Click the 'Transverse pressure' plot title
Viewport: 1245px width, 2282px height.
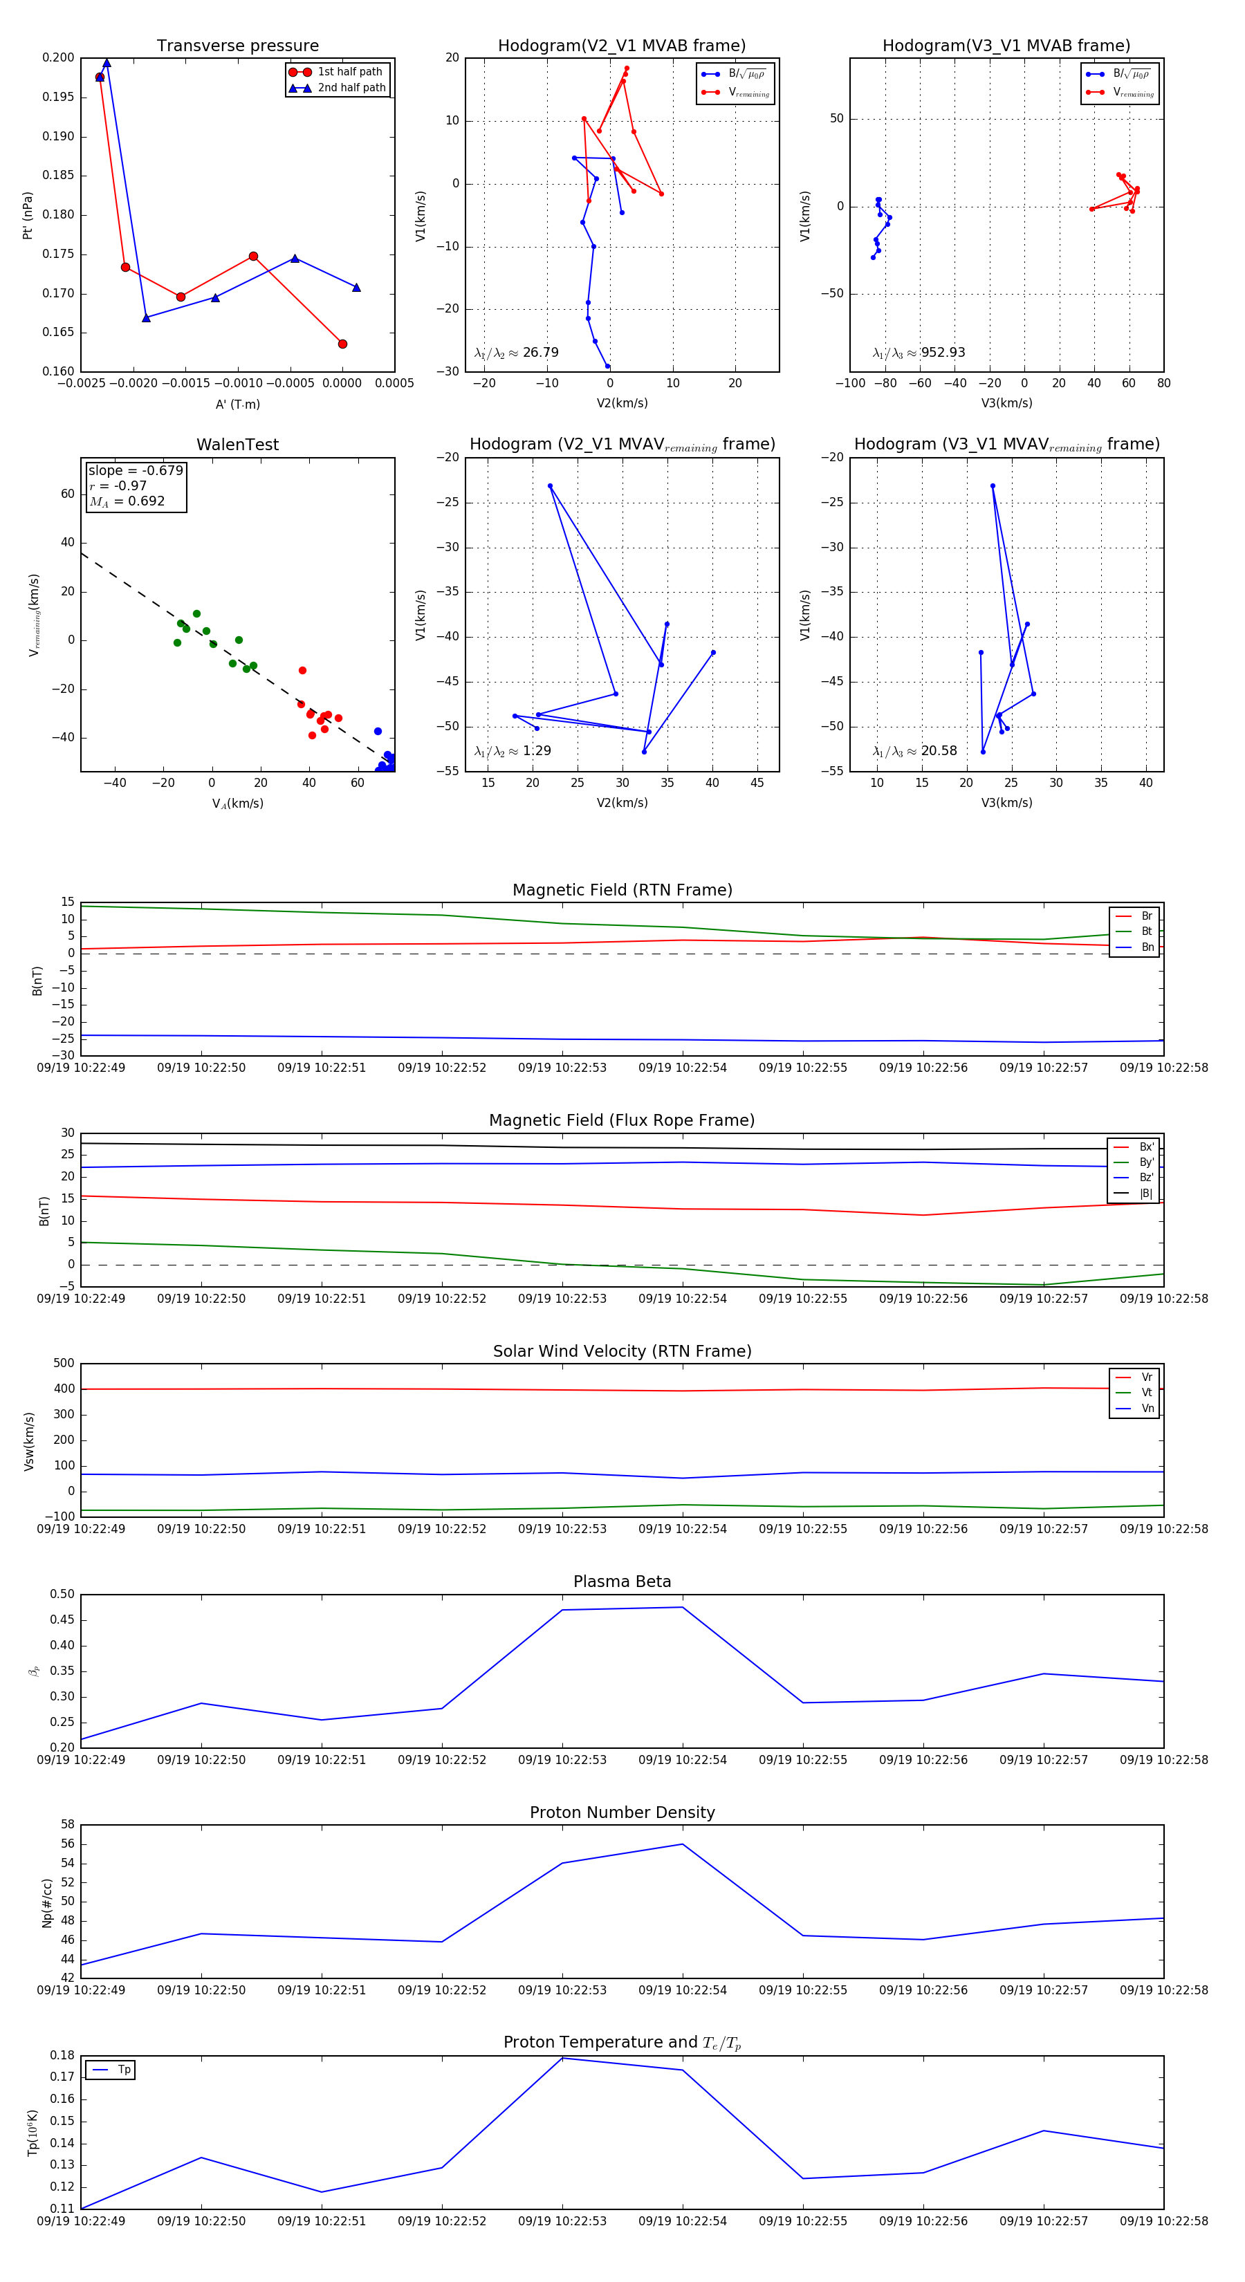pos(237,46)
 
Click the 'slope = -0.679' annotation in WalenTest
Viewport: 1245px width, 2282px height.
pos(136,470)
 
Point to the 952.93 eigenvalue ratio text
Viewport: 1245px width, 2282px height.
pos(943,353)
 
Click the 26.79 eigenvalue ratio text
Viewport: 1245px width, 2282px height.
pos(540,353)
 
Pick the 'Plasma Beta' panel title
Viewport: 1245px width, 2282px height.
pos(622,1581)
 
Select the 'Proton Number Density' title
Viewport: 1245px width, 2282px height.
pos(622,1812)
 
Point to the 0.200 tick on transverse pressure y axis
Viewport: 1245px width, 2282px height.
pos(59,57)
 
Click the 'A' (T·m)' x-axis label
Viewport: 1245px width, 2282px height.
pos(237,404)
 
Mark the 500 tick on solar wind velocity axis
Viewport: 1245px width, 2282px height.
pos(64,1364)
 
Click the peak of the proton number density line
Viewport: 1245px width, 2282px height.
pos(681,1844)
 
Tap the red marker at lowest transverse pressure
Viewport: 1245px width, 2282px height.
pos(342,344)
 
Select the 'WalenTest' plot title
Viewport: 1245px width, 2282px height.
pos(237,445)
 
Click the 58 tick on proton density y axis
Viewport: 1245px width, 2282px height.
pos(67,1825)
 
